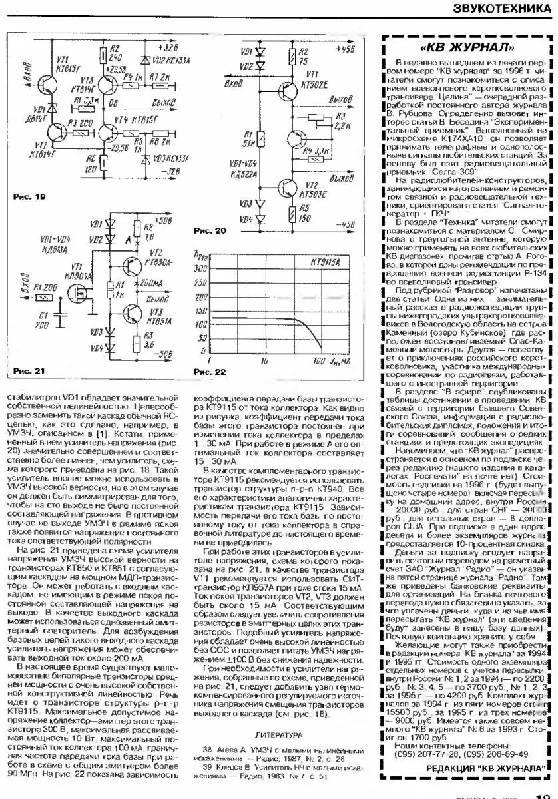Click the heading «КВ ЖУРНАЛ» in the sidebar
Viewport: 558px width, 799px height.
point(467,48)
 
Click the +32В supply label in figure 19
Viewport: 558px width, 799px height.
point(169,50)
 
